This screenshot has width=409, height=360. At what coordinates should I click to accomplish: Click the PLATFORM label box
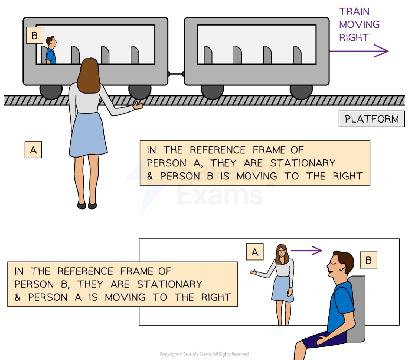click(x=371, y=119)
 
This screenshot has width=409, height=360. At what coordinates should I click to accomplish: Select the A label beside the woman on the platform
click(x=33, y=150)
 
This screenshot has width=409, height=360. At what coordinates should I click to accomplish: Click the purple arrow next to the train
click(x=359, y=51)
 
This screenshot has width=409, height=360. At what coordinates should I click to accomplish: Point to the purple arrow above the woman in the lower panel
click(x=306, y=250)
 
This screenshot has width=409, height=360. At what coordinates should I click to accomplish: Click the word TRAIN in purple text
click(x=354, y=12)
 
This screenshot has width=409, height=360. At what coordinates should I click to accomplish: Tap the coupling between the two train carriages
click(x=176, y=74)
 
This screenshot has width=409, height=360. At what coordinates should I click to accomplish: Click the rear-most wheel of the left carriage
click(x=51, y=92)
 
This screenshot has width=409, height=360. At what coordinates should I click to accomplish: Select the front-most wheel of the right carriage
click(x=301, y=92)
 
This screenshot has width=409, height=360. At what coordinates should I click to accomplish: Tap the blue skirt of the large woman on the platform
click(x=88, y=135)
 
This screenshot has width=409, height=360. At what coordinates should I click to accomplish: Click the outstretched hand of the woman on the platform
click(x=138, y=105)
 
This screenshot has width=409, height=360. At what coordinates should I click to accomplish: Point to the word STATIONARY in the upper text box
click(x=302, y=163)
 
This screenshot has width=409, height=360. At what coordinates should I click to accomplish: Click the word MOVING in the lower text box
click(x=125, y=297)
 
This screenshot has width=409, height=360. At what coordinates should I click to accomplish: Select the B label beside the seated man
click(x=368, y=260)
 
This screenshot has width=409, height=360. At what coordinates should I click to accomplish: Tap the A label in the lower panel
click(x=255, y=252)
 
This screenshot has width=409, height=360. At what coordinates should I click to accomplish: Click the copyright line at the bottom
click(x=204, y=354)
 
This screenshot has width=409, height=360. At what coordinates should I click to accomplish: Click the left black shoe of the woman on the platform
click(x=81, y=205)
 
